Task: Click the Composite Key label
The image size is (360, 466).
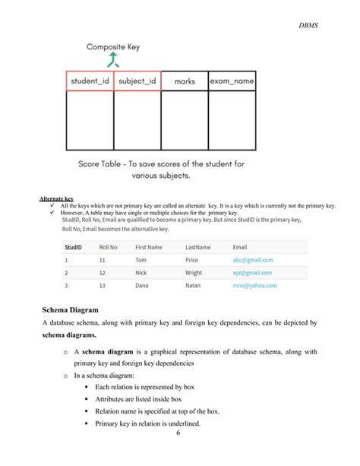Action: click(x=113, y=46)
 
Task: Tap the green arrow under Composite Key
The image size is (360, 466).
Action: click(x=113, y=61)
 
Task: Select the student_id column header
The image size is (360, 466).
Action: click(x=90, y=81)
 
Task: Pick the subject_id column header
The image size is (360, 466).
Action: click(x=137, y=81)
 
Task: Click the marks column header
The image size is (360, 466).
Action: click(x=184, y=81)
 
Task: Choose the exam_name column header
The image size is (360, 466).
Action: click(x=232, y=81)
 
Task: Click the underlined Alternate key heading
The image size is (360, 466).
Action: click(x=55, y=198)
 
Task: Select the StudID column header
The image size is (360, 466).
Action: click(x=74, y=247)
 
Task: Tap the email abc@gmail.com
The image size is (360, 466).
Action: click(x=252, y=260)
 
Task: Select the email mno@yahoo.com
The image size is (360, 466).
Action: click(x=254, y=286)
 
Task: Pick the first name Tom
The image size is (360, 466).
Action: click(x=141, y=260)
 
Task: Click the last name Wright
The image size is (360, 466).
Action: click(x=194, y=273)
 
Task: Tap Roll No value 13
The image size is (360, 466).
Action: click(x=103, y=286)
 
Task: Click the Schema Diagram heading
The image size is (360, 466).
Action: click(x=78, y=309)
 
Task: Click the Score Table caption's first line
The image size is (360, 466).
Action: click(x=161, y=163)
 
